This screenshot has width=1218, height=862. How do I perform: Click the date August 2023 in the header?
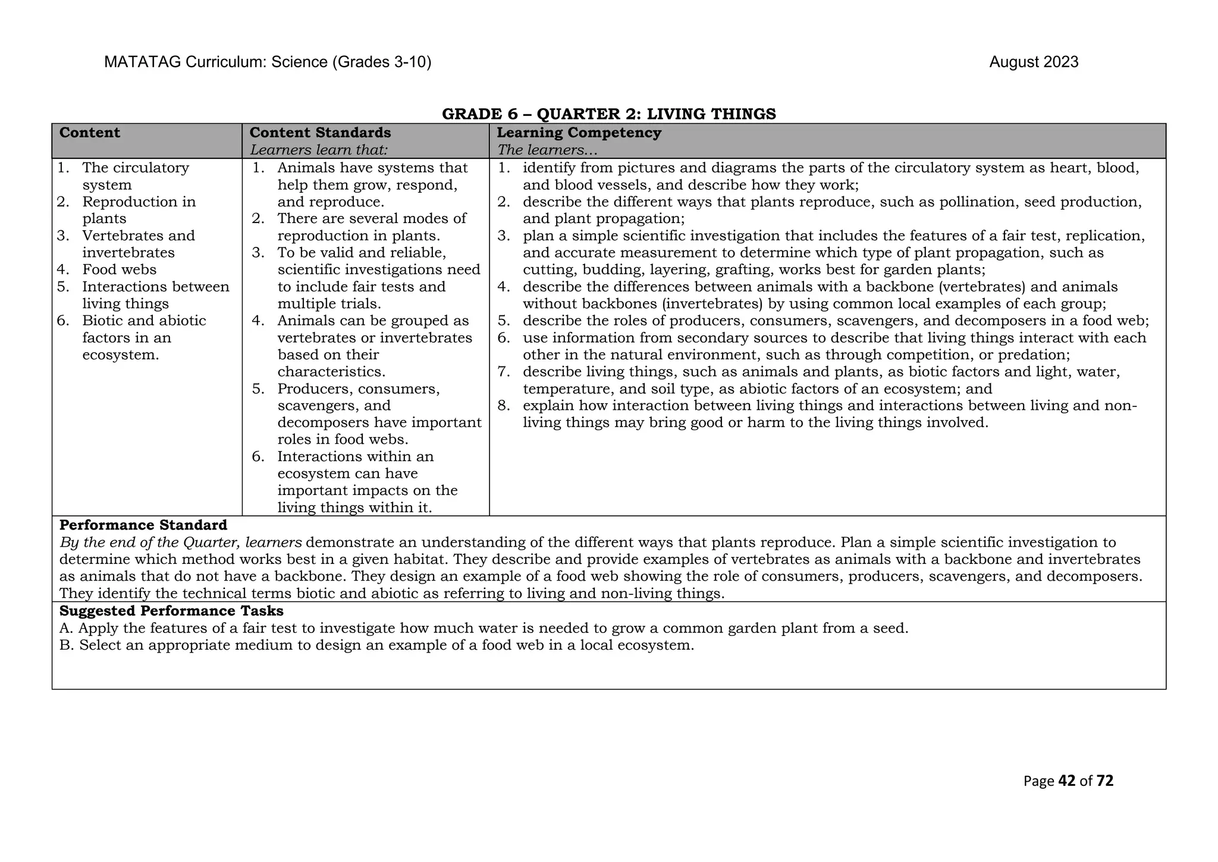1033,62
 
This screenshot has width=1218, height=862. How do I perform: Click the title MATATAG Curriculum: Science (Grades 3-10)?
268,62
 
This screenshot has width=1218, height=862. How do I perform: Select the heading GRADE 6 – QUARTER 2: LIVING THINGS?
608,114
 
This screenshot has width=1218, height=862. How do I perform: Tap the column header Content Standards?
320,133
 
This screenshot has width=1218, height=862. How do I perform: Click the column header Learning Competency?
579,133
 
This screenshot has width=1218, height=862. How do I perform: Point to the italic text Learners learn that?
319,150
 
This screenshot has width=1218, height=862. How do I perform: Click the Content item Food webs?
119,269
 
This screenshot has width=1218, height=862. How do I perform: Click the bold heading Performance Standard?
143,525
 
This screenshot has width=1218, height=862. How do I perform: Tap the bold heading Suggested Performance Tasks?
171,611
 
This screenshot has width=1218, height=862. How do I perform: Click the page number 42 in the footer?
1067,781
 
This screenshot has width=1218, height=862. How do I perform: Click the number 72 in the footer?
1104,781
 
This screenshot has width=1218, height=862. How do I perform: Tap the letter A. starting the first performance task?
67,628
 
